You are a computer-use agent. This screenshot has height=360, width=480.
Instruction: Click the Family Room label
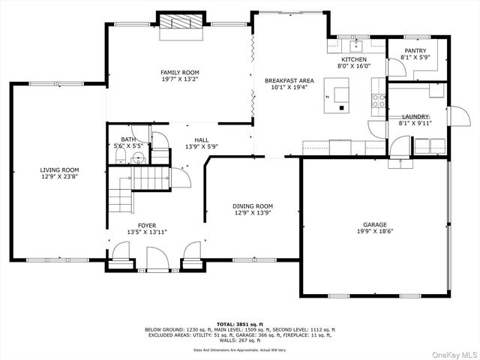[179, 73]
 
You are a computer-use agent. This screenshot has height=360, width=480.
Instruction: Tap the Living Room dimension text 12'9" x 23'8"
[59, 177]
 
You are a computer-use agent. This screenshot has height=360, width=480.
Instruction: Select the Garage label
[374, 224]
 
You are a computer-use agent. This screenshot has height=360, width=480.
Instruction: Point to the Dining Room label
[252, 205]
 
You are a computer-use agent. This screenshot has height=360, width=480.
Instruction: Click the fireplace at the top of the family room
[180, 22]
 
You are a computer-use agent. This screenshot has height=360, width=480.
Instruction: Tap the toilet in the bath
[137, 158]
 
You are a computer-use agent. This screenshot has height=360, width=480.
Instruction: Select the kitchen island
[341, 95]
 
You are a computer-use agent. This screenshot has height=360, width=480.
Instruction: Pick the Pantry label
[415, 50]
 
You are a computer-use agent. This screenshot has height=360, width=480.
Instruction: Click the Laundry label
[415, 117]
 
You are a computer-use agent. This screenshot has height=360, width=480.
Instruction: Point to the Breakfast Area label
[289, 80]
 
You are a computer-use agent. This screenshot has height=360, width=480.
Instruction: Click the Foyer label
[146, 226]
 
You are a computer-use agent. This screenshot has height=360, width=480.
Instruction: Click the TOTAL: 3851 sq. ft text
[239, 324]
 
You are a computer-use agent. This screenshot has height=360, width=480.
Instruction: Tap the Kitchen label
[354, 59]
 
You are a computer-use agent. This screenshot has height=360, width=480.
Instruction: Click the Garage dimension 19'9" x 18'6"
[374, 232]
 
